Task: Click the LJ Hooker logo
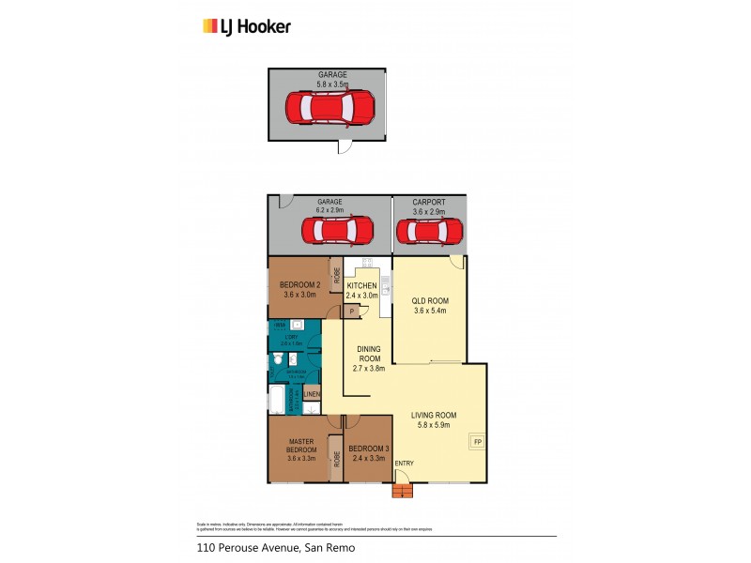[247, 26]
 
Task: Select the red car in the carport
[430, 230]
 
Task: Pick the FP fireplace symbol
[477, 442]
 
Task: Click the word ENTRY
[404, 463]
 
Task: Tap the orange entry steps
[402, 491]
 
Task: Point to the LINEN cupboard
[312, 394]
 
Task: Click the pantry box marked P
[350, 312]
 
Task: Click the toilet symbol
[279, 358]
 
